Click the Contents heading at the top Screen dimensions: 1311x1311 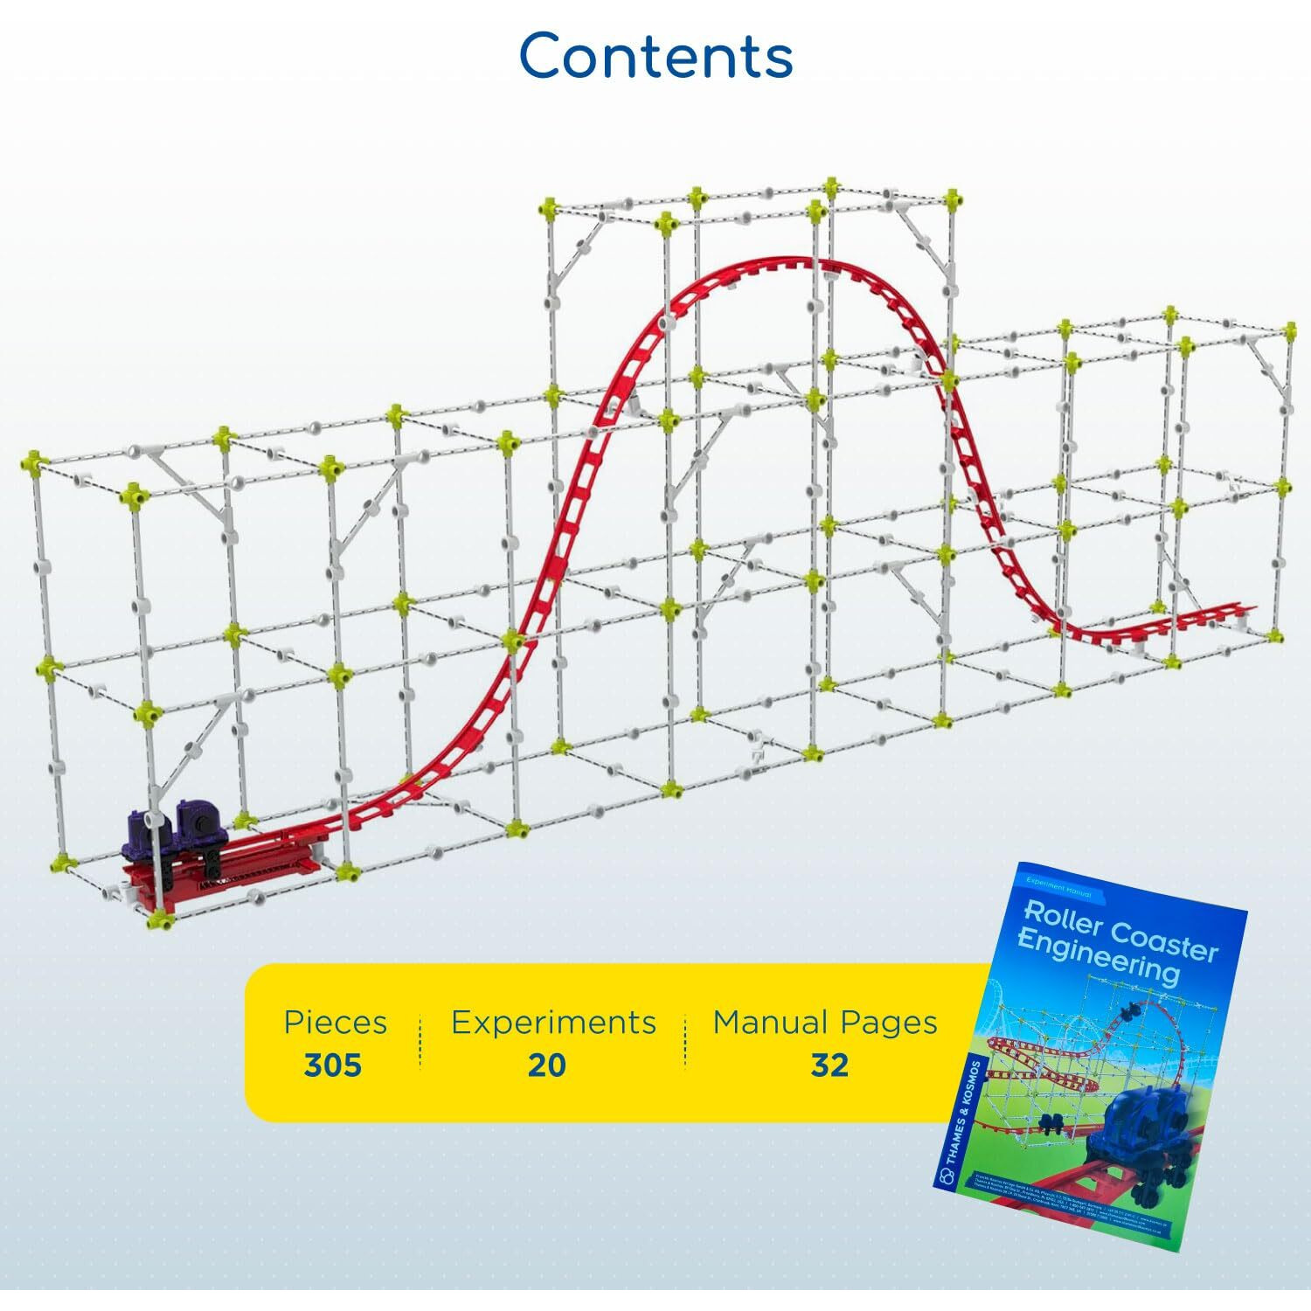[655, 56]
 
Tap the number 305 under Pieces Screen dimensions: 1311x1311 [333, 1065]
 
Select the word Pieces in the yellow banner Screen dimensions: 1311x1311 [335, 1022]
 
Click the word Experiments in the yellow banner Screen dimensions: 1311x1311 [553, 1022]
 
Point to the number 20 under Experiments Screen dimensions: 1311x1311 [547, 1065]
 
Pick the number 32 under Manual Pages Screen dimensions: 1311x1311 [829, 1065]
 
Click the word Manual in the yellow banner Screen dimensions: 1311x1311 [770, 1022]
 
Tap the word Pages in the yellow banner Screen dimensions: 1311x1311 [889, 1022]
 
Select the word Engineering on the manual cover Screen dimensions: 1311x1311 [1098, 958]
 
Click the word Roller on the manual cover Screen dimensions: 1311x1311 [1060, 918]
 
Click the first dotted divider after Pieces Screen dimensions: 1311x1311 [420, 1042]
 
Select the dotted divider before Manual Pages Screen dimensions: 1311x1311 [685, 1042]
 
